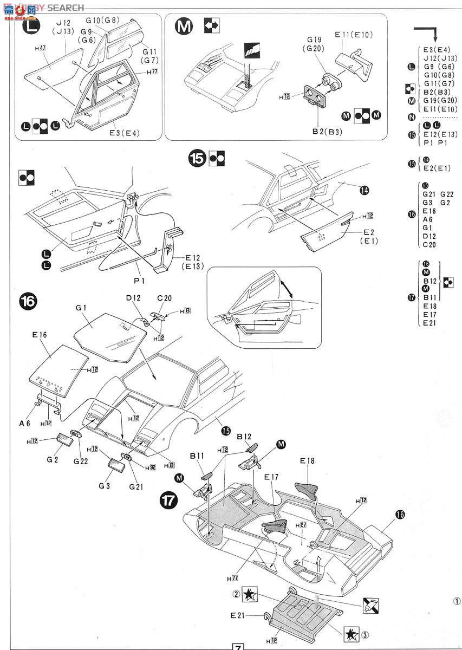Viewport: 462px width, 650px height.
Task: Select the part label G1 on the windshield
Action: [x=81, y=308]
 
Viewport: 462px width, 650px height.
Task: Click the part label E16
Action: [x=40, y=335]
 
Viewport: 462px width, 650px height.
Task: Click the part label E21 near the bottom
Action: [x=239, y=615]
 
